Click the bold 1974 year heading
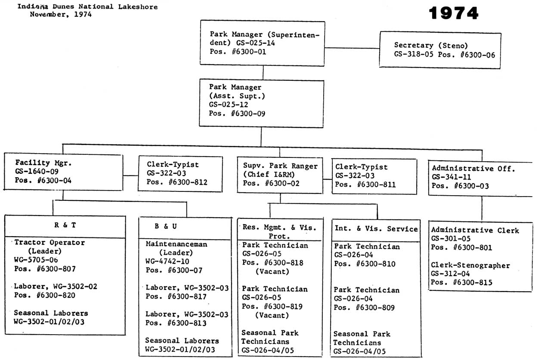454,13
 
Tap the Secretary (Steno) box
440,50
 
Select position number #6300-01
249,52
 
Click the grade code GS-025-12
229,105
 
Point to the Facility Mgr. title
43,163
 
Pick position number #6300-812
188,182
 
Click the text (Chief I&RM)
269,175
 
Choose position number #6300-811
376,185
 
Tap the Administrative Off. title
473,169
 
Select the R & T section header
65,225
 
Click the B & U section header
166,226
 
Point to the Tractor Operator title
49,243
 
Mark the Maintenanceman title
176,244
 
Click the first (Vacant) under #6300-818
272,272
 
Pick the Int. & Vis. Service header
376,229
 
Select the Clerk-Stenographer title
470,265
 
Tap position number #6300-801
473,247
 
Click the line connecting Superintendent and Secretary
352,48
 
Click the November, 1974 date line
61,14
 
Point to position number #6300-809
375,308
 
